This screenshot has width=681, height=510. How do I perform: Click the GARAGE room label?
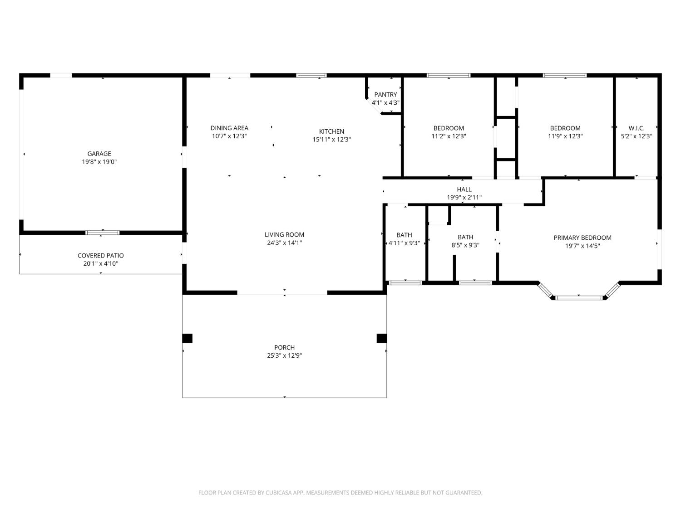click(x=99, y=154)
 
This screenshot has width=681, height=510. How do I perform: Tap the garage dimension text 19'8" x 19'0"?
click(x=99, y=162)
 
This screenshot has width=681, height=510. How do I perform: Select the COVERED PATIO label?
click(x=100, y=256)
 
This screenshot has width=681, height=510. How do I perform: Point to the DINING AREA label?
click(x=229, y=128)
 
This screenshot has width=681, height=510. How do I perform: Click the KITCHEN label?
click(x=331, y=131)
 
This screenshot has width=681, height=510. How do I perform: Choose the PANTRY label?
click(x=385, y=95)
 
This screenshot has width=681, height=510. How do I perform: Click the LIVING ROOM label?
click(x=284, y=234)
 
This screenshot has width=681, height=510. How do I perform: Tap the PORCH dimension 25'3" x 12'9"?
click(x=284, y=356)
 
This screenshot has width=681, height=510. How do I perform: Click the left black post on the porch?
click(x=187, y=338)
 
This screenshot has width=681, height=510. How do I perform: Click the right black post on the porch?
click(x=381, y=338)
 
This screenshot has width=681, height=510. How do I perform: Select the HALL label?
click(x=464, y=189)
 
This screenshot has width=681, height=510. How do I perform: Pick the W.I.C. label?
click(x=636, y=128)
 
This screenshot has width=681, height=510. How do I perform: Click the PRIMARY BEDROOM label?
click(x=582, y=238)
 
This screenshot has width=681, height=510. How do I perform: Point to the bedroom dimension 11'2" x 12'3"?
click(x=449, y=136)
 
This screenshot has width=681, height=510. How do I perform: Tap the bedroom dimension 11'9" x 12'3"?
click(x=565, y=136)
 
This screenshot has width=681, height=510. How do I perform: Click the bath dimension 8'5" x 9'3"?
click(x=465, y=245)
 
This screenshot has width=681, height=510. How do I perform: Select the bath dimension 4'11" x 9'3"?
click(x=404, y=243)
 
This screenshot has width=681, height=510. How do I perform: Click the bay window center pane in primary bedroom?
click(x=579, y=298)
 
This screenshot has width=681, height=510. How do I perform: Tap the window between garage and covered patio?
click(x=103, y=233)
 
